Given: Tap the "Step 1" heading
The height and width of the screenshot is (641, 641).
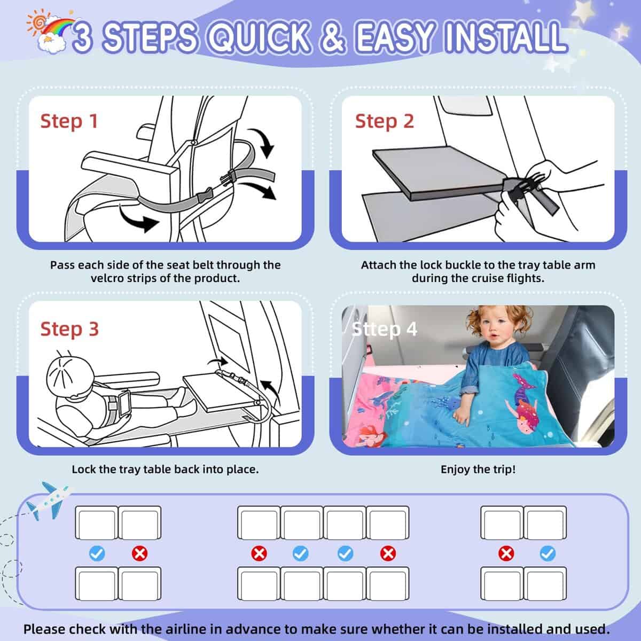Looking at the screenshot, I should coord(69,121).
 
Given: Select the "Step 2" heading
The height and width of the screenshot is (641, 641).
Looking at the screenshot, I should coord(384,121).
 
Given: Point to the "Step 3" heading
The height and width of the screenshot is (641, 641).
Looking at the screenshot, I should coord(69,329).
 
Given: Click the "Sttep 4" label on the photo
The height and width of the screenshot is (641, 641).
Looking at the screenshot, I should coord(384,329).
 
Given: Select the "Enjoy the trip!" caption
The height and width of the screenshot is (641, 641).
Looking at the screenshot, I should coord(478,470).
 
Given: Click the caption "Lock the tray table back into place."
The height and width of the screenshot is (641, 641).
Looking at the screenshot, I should coord(165,470).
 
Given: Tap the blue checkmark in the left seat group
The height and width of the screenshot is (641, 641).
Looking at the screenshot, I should coord(97,553).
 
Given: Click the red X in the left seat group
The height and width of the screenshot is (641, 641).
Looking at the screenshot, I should coord(140,553).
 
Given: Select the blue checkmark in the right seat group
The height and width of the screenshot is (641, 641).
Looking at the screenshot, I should coord(548,553).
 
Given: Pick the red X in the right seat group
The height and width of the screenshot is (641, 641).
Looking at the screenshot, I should coord(505,553).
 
